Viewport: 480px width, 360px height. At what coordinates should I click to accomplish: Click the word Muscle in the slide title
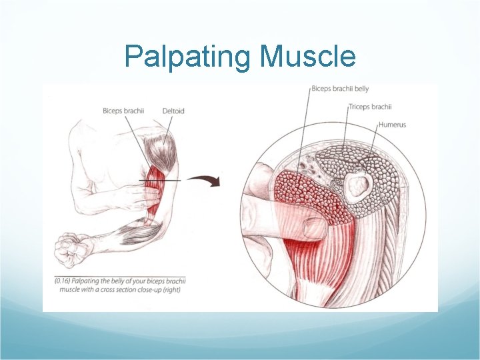click(308, 57)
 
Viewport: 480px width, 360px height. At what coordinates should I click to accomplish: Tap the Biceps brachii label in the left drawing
click(124, 111)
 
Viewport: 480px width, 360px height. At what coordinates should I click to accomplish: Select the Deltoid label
click(173, 111)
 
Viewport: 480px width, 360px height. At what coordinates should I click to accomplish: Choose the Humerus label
click(392, 125)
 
